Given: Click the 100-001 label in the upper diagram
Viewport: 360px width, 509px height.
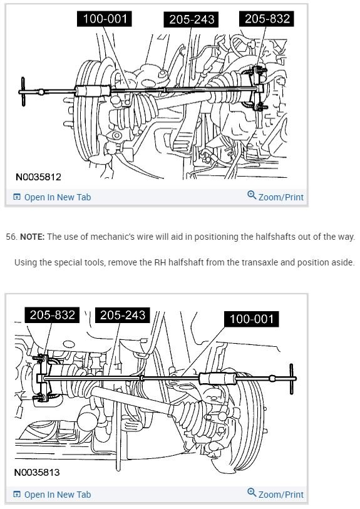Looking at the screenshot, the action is pyautogui.click(x=105, y=19).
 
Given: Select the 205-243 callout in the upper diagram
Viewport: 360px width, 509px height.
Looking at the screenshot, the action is pyautogui.click(x=192, y=19).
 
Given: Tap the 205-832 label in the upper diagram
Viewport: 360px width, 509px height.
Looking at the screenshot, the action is pyautogui.click(x=267, y=19).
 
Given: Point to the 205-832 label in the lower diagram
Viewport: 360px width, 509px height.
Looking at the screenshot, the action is pyautogui.click(x=52, y=315).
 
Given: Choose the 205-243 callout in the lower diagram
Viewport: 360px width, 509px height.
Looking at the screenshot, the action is pyautogui.click(x=122, y=315).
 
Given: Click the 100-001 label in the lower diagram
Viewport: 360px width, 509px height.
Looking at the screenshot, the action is pyautogui.click(x=252, y=319).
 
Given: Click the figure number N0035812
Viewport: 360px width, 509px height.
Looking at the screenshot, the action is pyautogui.click(x=38, y=177).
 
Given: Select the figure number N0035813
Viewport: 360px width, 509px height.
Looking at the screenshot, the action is pyautogui.click(x=37, y=472).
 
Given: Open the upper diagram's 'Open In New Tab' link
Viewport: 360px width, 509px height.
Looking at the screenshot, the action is pyautogui.click(x=52, y=197).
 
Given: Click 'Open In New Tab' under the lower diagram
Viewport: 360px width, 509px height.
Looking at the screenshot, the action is pyautogui.click(x=52, y=495).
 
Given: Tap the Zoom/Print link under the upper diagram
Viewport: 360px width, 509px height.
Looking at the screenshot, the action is pyautogui.click(x=275, y=197).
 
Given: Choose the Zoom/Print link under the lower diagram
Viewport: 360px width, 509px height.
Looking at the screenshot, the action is pyautogui.click(x=275, y=494).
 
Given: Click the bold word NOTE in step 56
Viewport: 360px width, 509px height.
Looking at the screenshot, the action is pyautogui.click(x=32, y=237).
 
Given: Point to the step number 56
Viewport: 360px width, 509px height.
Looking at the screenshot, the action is pyautogui.click(x=11, y=237).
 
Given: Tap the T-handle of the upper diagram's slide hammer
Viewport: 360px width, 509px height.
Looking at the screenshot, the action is pyautogui.click(x=23, y=91).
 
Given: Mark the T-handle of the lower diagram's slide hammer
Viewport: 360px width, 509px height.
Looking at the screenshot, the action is pyautogui.click(x=291, y=379).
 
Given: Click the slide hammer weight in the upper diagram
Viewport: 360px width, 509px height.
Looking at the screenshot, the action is pyautogui.click(x=93, y=91).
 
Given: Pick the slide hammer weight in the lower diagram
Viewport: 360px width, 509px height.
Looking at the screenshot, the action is pyautogui.click(x=217, y=378).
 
